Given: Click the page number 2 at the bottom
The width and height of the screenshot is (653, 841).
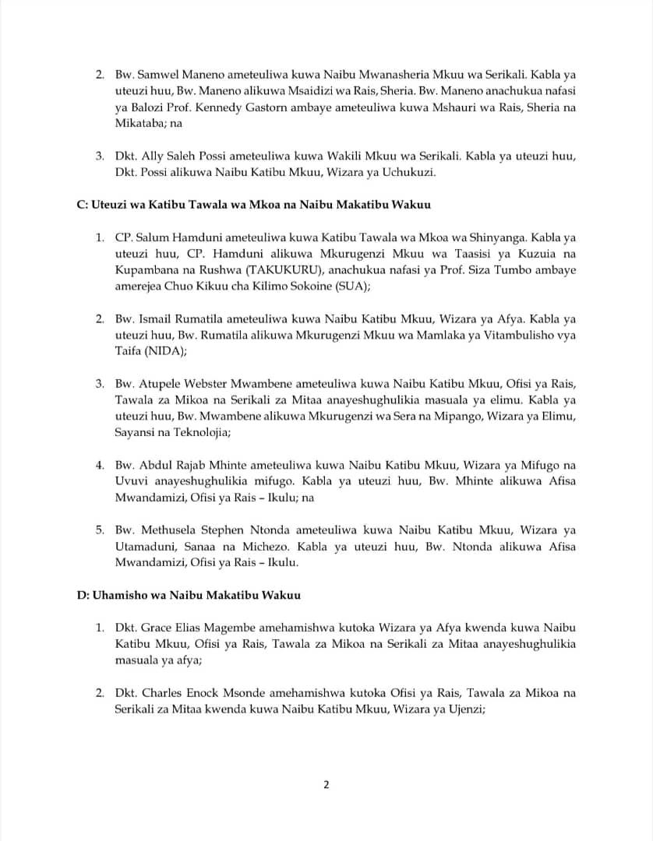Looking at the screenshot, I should click(326, 784).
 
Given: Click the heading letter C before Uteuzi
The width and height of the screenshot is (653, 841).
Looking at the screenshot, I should click(80, 205).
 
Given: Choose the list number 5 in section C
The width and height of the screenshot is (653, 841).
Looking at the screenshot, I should click(99, 530).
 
